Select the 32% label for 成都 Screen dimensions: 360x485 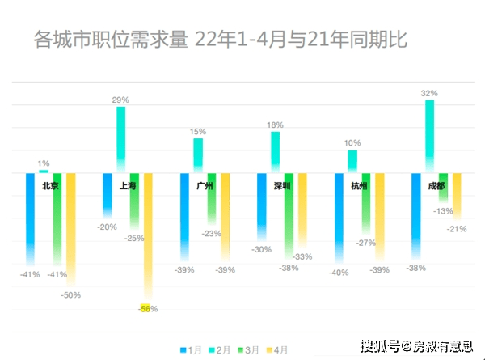click(429, 94)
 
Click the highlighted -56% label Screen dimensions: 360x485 click(145, 308)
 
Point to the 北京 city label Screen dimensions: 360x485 click(50, 186)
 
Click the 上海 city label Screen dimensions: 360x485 click(128, 186)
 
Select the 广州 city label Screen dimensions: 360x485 click(205, 186)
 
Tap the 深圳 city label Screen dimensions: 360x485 click(282, 186)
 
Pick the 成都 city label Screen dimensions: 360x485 click(436, 186)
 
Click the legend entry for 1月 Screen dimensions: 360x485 click(191, 349)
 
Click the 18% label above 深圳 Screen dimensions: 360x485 click(275, 125)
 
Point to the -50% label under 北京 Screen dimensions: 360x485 click(70, 295)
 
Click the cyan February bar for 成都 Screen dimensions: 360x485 click(429, 133)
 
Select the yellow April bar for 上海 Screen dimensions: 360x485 click(148, 235)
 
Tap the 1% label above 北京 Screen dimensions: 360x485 click(44, 163)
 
